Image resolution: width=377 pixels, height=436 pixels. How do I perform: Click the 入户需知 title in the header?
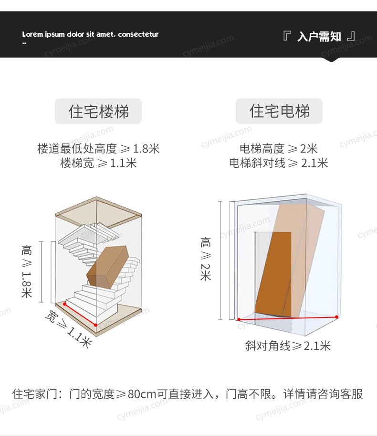click(319, 36)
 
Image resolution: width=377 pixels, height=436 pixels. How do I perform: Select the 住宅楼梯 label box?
click(98, 111)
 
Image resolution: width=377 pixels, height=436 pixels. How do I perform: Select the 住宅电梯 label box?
click(279, 111)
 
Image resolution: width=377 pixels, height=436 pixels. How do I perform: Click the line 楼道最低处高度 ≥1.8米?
click(99, 149)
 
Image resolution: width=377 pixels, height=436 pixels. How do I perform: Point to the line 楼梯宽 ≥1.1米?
click(99, 163)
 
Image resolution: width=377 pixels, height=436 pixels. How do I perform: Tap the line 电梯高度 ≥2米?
click(278, 149)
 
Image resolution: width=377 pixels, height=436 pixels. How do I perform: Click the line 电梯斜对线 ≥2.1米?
click(278, 163)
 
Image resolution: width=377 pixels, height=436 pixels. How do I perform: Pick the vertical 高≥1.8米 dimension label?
click(27, 271)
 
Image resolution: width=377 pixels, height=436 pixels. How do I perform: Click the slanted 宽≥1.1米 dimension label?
click(69, 328)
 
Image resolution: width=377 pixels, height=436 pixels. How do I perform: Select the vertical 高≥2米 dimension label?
click(205, 259)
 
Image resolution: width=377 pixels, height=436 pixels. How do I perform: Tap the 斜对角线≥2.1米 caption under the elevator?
click(288, 346)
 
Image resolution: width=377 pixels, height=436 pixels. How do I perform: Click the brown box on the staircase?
click(108, 267)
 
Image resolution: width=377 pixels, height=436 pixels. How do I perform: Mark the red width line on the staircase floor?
click(80, 315)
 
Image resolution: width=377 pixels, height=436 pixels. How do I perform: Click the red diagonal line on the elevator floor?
click(288, 318)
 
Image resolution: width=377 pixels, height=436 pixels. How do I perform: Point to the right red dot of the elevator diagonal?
click(337, 317)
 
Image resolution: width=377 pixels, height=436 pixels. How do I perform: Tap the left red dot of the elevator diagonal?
click(239, 319)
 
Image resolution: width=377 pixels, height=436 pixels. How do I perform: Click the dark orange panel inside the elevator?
click(273, 274)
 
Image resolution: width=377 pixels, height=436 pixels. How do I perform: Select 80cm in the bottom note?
click(142, 394)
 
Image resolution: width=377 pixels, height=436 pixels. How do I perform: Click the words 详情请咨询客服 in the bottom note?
click(323, 394)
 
